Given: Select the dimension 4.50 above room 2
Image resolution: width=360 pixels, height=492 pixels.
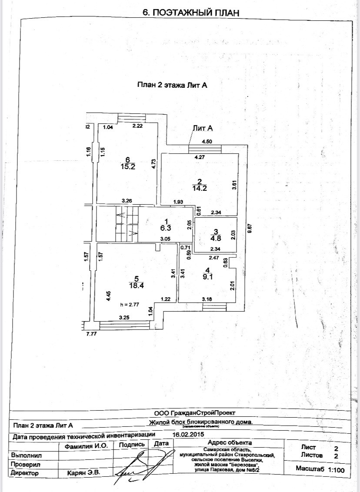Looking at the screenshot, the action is pyautogui.click(x=206, y=141).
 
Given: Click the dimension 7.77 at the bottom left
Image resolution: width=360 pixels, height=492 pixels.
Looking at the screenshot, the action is pyautogui.click(x=91, y=334).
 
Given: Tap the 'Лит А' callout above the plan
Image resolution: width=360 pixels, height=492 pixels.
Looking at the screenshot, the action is pyautogui.click(x=202, y=128).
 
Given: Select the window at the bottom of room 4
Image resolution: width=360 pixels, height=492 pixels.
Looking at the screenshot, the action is pyautogui.click(x=214, y=307).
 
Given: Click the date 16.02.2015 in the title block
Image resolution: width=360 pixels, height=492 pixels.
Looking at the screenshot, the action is pyautogui.click(x=189, y=434).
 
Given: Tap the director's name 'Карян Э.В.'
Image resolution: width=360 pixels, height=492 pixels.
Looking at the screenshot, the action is pyautogui.click(x=83, y=472).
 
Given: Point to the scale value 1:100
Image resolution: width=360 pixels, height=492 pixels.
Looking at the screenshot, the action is pyautogui.click(x=336, y=470).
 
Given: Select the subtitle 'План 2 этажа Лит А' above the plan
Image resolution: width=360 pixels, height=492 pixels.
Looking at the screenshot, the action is pyautogui.click(x=172, y=85).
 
